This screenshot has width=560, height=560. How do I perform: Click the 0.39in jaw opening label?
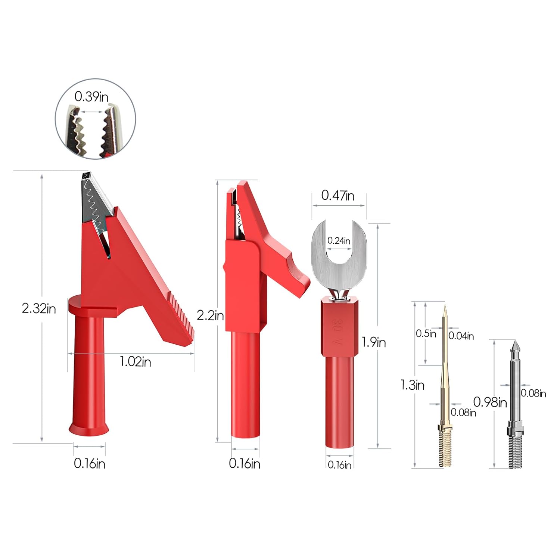[x=91, y=97]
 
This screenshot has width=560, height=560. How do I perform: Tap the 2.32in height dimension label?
[x=39, y=309]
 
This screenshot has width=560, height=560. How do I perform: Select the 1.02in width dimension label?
[x=135, y=362]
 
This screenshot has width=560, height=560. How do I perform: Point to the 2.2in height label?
[x=210, y=315]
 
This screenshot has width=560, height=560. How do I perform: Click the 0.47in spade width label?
[x=338, y=195]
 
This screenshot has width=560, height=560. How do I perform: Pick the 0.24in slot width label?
[x=339, y=241]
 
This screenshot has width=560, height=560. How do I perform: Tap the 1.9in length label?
[x=374, y=342]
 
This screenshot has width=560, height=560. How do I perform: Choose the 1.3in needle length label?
[x=413, y=385]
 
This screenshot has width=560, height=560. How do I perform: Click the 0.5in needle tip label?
[x=426, y=333]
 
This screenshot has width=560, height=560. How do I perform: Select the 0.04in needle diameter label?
[x=461, y=336]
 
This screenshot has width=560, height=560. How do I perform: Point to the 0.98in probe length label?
[x=490, y=402]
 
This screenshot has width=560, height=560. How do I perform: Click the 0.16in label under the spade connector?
[x=339, y=465]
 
